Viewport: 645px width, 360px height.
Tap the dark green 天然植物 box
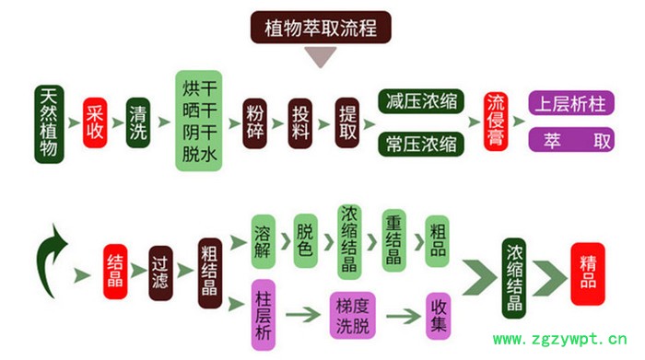coord(50,123)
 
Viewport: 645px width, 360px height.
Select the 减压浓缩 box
coord(421,100)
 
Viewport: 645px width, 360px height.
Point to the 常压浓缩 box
coord(421,144)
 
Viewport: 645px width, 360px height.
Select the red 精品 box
coord(588,273)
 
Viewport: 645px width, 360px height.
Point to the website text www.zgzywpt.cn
coord(567,339)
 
